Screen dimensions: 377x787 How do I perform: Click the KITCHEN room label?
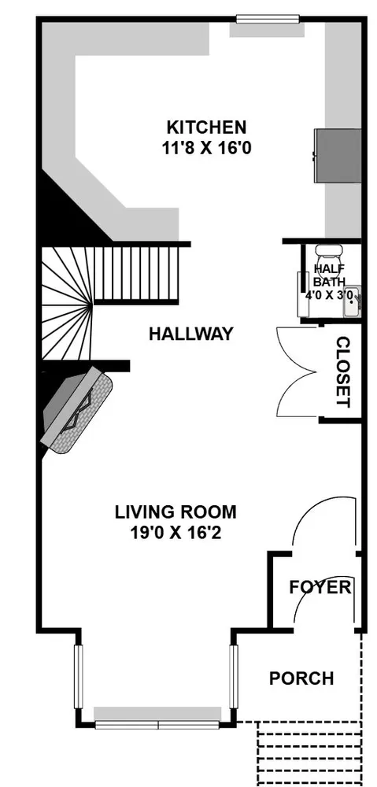pos(206,127)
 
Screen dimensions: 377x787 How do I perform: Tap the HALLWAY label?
pos(191,334)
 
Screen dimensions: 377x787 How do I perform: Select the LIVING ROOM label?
pos(176,512)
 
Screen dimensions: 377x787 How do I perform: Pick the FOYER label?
pos(320,587)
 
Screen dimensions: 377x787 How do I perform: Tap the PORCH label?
pos(301,678)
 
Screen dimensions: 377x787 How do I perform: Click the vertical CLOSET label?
pos(342,371)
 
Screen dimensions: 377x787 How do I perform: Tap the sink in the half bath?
pos(352,302)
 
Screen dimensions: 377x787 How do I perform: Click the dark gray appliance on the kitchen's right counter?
pos(338,156)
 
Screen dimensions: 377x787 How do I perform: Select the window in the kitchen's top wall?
pos(268,19)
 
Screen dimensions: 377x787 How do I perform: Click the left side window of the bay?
pos(78,676)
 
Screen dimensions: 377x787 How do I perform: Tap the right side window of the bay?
pos(234,676)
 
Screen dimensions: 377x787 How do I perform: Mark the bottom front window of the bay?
pos(157,725)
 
